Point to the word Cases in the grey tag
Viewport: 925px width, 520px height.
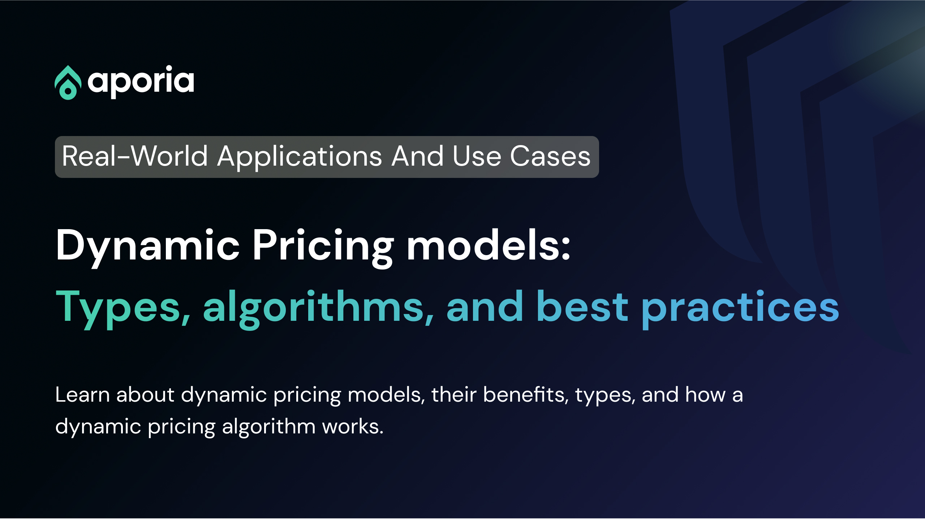pyautogui.click(x=550, y=156)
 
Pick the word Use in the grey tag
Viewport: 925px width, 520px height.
pyautogui.click(x=477, y=156)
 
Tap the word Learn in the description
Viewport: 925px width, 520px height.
pyautogui.click(x=82, y=394)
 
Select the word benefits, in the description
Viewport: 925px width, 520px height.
pyautogui.click(x=526, y=394)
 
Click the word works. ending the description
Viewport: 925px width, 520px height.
pyautogui.click(x=353, y=427)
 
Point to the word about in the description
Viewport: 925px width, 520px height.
pyautogui.click(x=146, y=394)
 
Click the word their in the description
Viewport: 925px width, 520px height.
pyautogui.click(x=454, y=394)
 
